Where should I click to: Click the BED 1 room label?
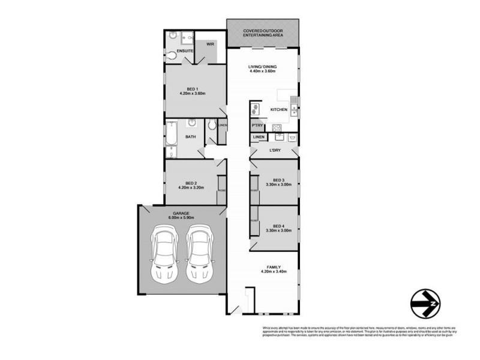point(192,89)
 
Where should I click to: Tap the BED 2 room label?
point(191,183)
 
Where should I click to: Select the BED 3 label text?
point(278,180)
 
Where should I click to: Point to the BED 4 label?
point(278,226)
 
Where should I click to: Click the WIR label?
point(210,44)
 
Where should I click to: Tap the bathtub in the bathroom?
point(170,137)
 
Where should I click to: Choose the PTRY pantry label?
point(257,125)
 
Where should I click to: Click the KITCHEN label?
point(279,110)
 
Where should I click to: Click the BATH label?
point(190,137)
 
